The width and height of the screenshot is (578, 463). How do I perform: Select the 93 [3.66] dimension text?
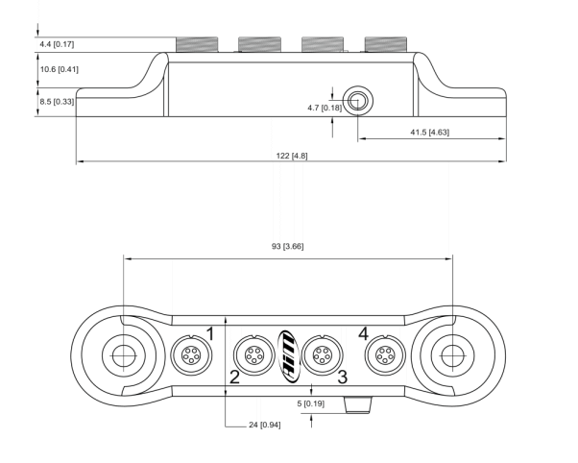[x=288, y=247]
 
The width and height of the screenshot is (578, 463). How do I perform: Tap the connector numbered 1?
[x=187, y=355]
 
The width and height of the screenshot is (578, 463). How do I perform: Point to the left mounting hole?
[x=123, y=355]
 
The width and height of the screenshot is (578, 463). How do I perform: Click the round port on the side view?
[x=358, y=98]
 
